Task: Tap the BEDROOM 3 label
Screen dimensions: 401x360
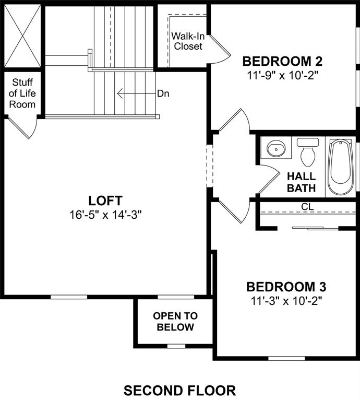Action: [x=286, y=287]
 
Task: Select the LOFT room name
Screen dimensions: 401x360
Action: [x=105, y=200]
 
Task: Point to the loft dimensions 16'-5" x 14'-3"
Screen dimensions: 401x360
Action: [x=105, y=214]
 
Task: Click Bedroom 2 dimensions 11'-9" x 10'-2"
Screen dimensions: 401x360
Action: [x=283, y=75]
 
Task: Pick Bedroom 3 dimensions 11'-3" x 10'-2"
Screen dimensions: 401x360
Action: [x=286, y=301]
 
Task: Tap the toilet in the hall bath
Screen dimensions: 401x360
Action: [x=307, y=152]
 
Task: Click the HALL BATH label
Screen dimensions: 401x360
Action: [x=301, y=182]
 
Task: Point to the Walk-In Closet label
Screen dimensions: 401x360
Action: [x=188, y=41]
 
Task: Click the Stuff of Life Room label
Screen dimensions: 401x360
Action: [x=23, y=93]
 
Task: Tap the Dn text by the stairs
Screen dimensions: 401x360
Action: [x=163, y=94]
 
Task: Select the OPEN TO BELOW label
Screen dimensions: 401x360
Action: [x=175, y=322]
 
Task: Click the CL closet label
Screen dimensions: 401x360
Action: [x=307, y=207]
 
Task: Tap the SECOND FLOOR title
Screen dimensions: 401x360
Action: [x=179, y=390]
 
